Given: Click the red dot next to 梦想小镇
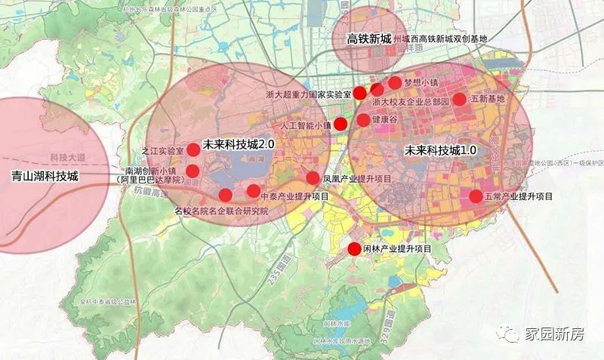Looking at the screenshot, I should (395, 83).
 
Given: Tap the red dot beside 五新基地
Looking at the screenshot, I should (459, 99).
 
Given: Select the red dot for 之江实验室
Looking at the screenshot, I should (193, 149).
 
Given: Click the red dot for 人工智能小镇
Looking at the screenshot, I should (341, 124).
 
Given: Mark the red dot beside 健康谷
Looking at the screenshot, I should (363, 120).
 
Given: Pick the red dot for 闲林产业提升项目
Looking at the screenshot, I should (353, 250).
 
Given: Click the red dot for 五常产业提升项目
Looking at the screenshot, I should (476, 196).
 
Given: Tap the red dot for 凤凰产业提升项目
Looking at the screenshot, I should (313, 178).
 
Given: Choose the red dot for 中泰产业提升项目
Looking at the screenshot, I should (253, 190).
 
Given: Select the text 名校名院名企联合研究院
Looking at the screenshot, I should (221, 212).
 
